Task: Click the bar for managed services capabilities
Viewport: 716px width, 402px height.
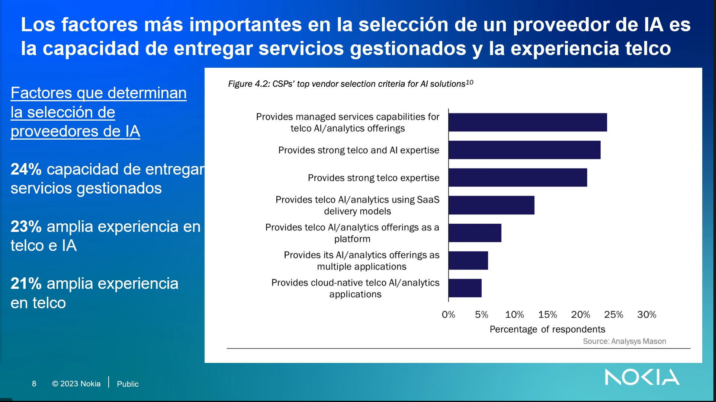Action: click(x=528, y=122)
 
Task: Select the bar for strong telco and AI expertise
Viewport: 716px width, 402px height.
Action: click(x=524, y=150)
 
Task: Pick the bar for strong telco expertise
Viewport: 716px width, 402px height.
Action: click(x=518, y=178)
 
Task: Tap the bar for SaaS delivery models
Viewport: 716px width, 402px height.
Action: click(x=491, y=205)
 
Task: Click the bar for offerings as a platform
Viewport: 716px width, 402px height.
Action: click(x=475, y=233)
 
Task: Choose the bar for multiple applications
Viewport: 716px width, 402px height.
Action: click(x=468, y=261)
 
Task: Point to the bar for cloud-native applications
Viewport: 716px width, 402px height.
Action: click(x=465, y=288)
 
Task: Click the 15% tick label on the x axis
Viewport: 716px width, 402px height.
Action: click(x=548, y=315)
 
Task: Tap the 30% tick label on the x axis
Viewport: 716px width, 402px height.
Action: click(x=647, y=315)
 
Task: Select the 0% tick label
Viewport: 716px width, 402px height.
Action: click(x=449, y=315)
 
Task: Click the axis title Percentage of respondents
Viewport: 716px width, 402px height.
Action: click(x=547, y=329)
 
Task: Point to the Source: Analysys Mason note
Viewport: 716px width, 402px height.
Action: click(x=625, y=341)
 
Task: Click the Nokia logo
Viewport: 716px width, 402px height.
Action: click(x=642, y=377)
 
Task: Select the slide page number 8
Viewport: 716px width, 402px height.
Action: click(x=34, y=384)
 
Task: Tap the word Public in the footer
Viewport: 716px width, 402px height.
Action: click(x=128, y=384)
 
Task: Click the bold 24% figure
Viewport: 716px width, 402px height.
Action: click(x=26, y=169)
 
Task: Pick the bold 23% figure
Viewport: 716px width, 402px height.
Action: click(x=26, y=227)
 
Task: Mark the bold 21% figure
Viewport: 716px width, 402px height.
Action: click(x=26, y=284)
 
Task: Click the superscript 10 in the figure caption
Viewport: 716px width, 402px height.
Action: click(x=469, y=82)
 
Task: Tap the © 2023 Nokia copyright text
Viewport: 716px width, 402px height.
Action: click(x=76, y=384)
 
